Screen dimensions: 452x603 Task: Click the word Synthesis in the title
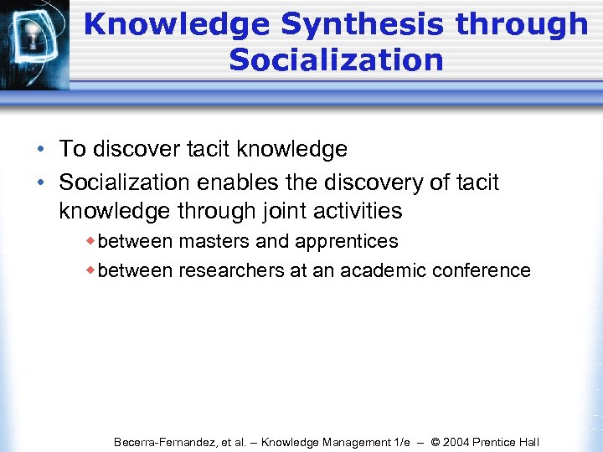(x=361, y=24)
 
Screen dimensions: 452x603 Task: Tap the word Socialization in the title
(x=335, y=59)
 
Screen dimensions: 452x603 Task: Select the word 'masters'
(x=214, y=241)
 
